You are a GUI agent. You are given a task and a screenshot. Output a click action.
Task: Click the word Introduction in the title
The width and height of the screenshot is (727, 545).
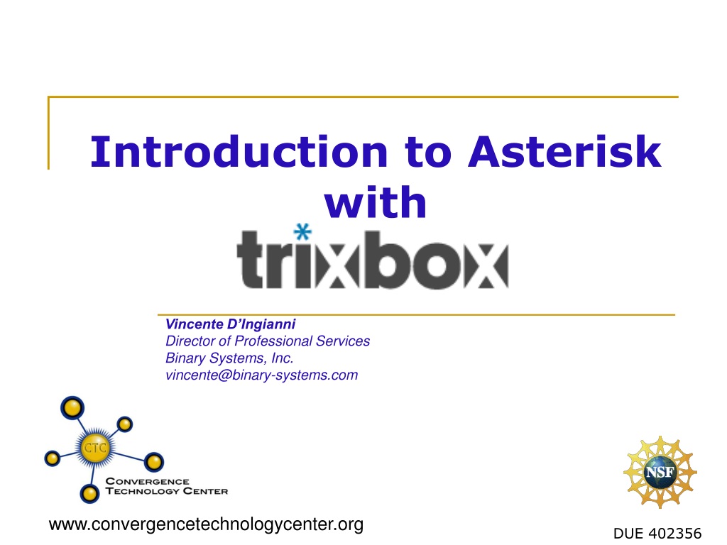pyautogui.click(x=239, y=152)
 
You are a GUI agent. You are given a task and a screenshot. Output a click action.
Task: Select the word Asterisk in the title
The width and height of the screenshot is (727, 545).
pyautogui.click(x=564, y=152)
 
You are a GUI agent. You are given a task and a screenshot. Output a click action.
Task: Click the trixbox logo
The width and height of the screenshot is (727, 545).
pyautogui.click(x=372, y=258)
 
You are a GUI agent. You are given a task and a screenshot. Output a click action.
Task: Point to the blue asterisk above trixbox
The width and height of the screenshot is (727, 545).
pyautogui.click(x=302, y=232)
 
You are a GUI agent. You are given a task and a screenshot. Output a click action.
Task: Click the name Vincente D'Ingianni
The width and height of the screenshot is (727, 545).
pyautogui.click(x=231, y=324)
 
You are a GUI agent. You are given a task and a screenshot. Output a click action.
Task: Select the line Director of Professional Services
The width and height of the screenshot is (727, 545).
pyautogui.click(x=268, y=341)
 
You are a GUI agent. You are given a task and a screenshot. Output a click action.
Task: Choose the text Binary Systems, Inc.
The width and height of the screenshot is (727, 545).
pyautogui.click(x=229, y=358)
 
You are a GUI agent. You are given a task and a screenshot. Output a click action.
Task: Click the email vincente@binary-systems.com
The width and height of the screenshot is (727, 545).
pyautogui.click(x=261, y=375)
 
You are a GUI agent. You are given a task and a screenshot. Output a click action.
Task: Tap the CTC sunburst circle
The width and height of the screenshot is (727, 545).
pyautogui.click(x=95, y=448)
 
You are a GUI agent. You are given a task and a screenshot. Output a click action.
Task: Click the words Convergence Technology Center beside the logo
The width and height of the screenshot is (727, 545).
pyautogui.click(x=166, y=486)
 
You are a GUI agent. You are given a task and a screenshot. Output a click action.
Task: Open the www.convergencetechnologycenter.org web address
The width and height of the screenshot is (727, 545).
pyautogui.click(x=207, y=524)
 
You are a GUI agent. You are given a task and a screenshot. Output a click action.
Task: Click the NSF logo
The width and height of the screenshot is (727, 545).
pyautogui.click(x=660, y=472)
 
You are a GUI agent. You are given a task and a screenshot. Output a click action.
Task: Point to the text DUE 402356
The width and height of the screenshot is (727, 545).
pyautogui.click(x=657, y=534)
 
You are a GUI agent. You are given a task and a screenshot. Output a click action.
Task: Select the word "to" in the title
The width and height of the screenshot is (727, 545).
pyautogui.click(x=428, y=153)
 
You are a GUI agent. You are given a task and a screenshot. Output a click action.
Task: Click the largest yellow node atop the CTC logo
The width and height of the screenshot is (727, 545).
pyautogui.click(x=72, y=408)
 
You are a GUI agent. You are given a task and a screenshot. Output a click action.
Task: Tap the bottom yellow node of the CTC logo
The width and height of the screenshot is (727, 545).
pyautogui.click(x=89, y=494)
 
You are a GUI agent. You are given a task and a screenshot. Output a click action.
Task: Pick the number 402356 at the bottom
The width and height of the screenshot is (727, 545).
pyautogui.click(x=676, y=534)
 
